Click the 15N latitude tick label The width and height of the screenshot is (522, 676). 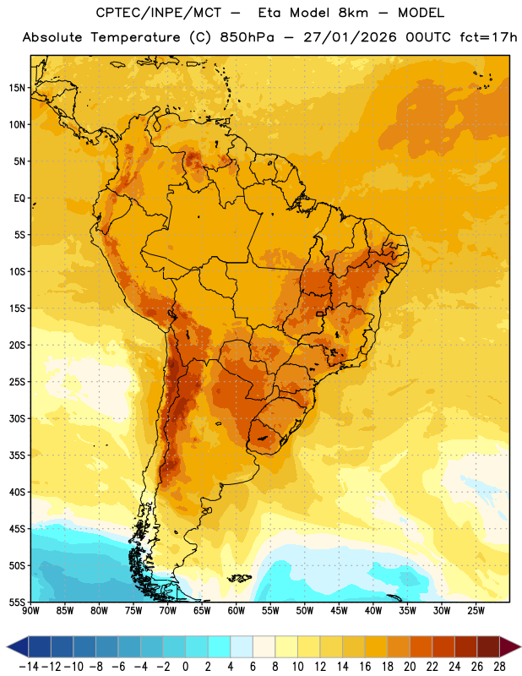tap(17, 88)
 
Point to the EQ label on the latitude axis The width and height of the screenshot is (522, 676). tap(19, 199)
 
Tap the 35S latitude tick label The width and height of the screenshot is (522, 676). tap(17, 455)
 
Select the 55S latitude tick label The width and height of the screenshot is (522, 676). tap(17, 602)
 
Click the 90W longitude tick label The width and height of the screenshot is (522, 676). tap(30, 610)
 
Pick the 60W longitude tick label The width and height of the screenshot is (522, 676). tap(237, 610)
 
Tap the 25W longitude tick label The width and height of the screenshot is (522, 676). tap(476, 610)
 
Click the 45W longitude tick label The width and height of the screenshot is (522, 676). tap(339, 610)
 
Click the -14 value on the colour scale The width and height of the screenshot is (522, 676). tap(29, 667)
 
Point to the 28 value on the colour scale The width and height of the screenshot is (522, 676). tap(499, 667)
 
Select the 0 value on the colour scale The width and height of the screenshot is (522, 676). tap(185, 667)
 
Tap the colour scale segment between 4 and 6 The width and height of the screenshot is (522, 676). tap(242, 646)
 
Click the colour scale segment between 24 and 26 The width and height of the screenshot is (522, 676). tap(465, 646)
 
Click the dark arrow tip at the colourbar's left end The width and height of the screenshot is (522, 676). tap(7, 647)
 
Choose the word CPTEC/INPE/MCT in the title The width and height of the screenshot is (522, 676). tap(159, 13)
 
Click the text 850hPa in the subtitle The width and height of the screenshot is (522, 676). tap(247, 37)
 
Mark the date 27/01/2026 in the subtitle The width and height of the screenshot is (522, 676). tap(350, 37)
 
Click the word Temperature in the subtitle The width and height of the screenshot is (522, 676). tap(135, 37)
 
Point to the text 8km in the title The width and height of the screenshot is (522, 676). tap(353, 13)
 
